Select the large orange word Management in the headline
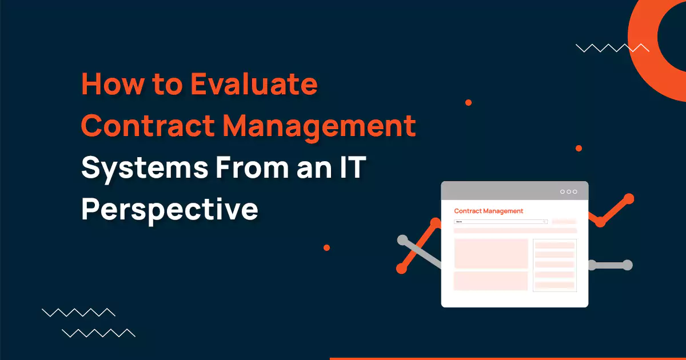[x=320, y=126]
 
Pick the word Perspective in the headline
[x=169, y=209]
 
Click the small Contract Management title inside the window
[x=488, y=211]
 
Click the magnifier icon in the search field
[x=545, y=222]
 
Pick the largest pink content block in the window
[x=491, y=253]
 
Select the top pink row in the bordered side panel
[x=555, y=245]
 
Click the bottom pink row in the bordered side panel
[x=555, y=285]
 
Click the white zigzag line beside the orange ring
[x=612, y=48]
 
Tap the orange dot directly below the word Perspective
[x=326, y=247]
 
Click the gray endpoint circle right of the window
[x=627, y=265]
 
